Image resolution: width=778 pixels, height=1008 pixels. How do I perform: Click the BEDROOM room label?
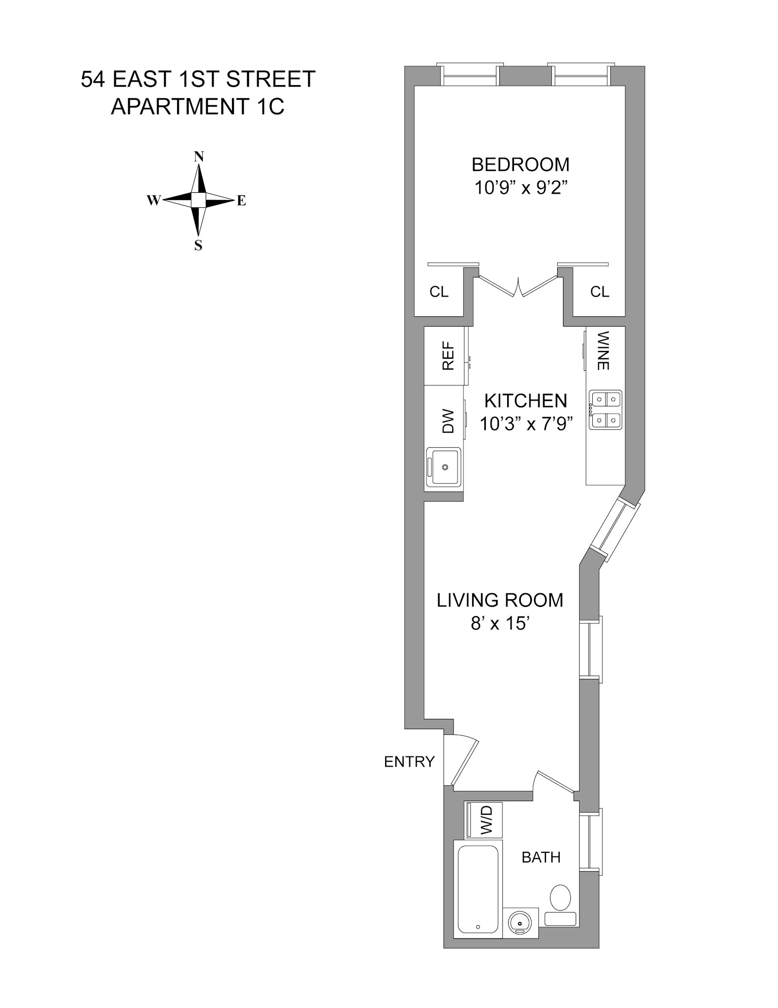pyautogui.click(x=520, y=165)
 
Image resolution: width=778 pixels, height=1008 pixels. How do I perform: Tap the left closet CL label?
pyautogui.click(x=439, y=292)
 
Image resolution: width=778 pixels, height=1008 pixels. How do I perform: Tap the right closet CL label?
pyautogui.click(x=600, y=292)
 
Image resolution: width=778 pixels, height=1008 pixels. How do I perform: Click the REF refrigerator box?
pyautogui.click(x=446, y=355)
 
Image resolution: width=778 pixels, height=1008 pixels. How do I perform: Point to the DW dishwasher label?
pyautogui.click(x=447, y=421)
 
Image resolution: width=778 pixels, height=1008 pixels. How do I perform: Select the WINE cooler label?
pyautogui.click(x=603, y=350)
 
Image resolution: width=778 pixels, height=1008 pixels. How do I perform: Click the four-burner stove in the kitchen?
pyautogui.click(x=606, y=409)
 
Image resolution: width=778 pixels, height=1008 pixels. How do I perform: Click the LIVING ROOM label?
pyautogui.click(x=500, y=600)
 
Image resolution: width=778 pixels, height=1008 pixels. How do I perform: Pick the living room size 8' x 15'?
pyautogui.click(x=500, y=623)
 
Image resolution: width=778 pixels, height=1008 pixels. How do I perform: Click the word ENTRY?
pyautogui.click(x=409, y=762)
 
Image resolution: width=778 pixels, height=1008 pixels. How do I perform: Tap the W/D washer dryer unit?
pyautogui.click(x=484, y=820)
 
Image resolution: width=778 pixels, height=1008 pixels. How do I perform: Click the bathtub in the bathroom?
pyautogui.click(x=478, y=890)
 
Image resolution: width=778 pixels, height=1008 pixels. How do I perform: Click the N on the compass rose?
pyautogui.click(x=198, y=157)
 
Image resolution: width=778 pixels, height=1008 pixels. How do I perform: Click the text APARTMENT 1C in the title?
pyautogui.click(x=197, y=107)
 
